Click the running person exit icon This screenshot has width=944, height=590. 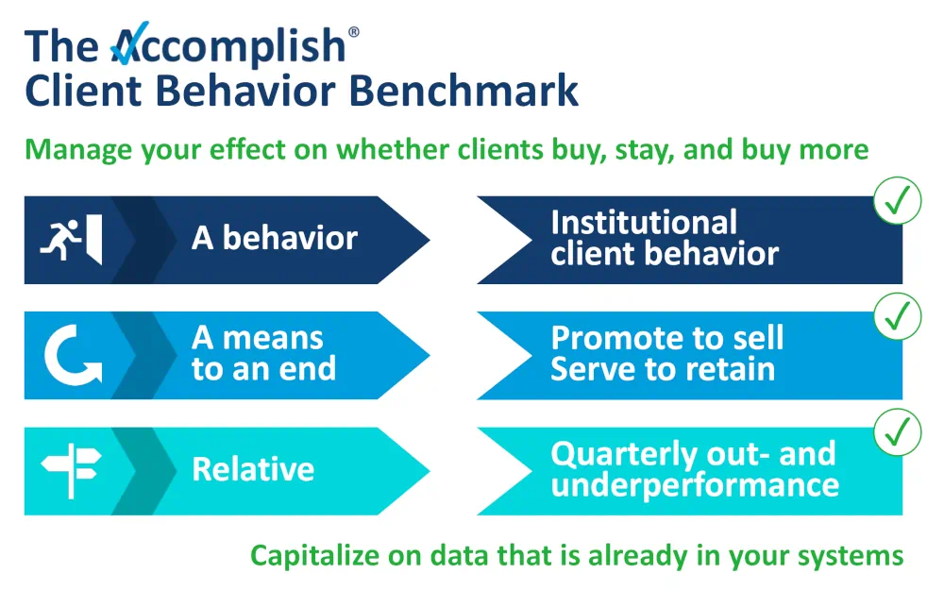point(71,240)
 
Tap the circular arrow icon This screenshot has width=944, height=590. point(71,355)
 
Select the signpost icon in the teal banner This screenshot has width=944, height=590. point(71,470)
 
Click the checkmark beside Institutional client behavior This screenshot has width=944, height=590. point(897,201)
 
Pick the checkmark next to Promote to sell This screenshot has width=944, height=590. point(897,316)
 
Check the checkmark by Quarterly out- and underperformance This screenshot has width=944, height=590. point(897,431)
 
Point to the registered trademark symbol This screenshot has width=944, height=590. point(354,32)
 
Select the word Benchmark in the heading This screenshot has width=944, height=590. point(464,91)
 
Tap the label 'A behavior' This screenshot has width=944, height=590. point(275,239)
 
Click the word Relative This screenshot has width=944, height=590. point(253,469)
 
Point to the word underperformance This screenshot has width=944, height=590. point(695,485)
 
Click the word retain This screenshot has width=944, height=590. point(726,369)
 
